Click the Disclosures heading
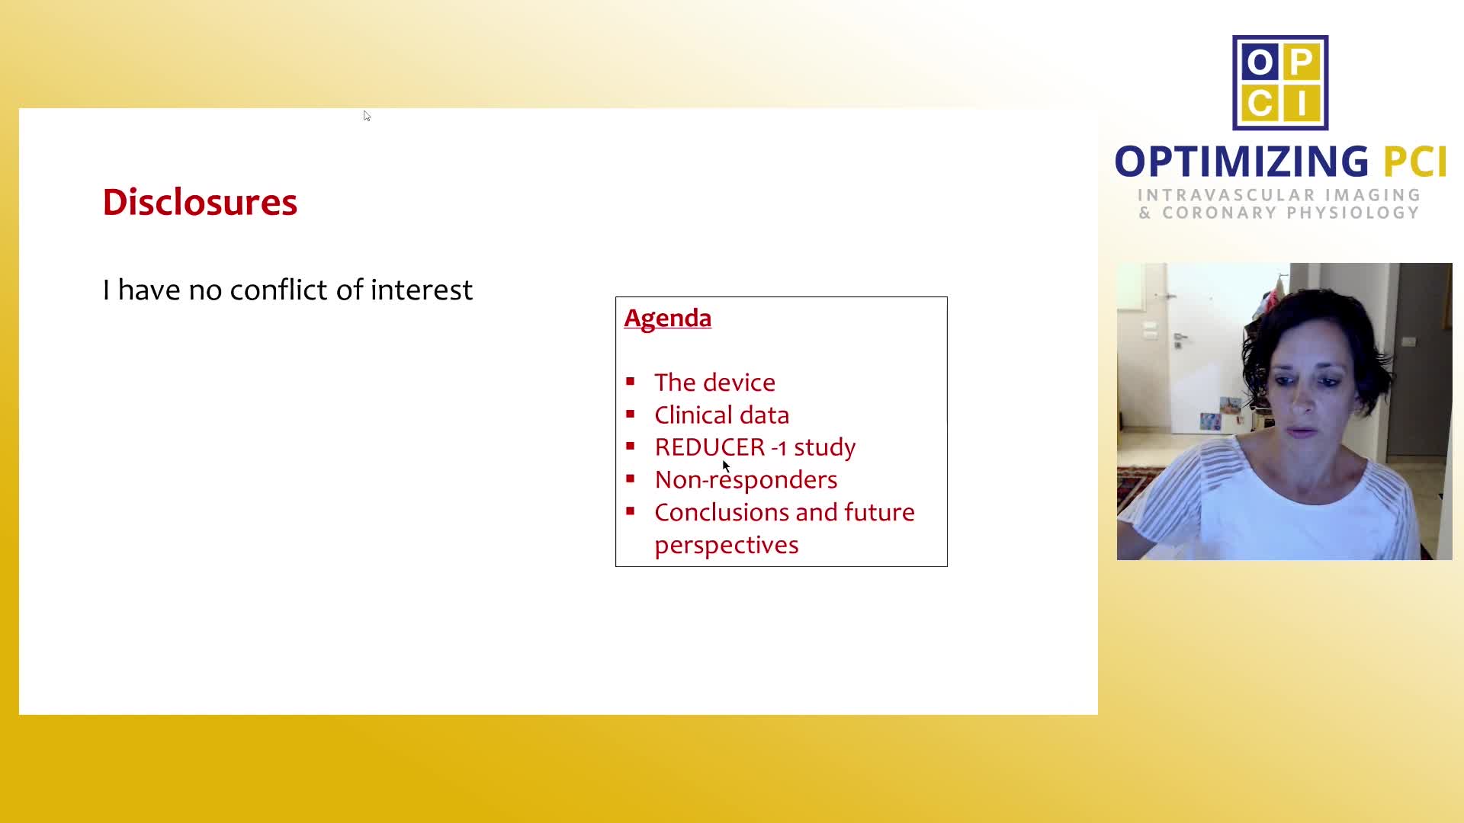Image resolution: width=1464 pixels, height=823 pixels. (x=200, y=202)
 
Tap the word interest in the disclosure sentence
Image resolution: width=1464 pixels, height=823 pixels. (x=421, y=290)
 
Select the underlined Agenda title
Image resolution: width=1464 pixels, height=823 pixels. (x=667, y=318)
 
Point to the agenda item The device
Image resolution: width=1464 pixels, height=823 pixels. (x=714, y=382)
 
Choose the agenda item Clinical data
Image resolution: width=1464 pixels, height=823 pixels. (x=721, y=415)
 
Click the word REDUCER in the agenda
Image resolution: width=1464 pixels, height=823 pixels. (x=709, y=447)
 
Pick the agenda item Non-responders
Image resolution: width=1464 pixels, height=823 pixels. (x=746, y=479)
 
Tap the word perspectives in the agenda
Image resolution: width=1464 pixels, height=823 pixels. (x=726, y=545)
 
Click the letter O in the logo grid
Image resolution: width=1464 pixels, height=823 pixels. (x=1259, y=62)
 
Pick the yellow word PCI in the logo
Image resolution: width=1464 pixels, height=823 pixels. (x=1415, y=162)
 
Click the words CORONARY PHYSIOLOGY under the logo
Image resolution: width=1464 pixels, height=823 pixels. (x=1290, y=213)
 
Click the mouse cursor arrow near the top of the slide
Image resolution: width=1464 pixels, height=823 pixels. (x=367, y=116)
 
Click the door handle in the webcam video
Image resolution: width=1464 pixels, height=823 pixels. (x=1180, y=338)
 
